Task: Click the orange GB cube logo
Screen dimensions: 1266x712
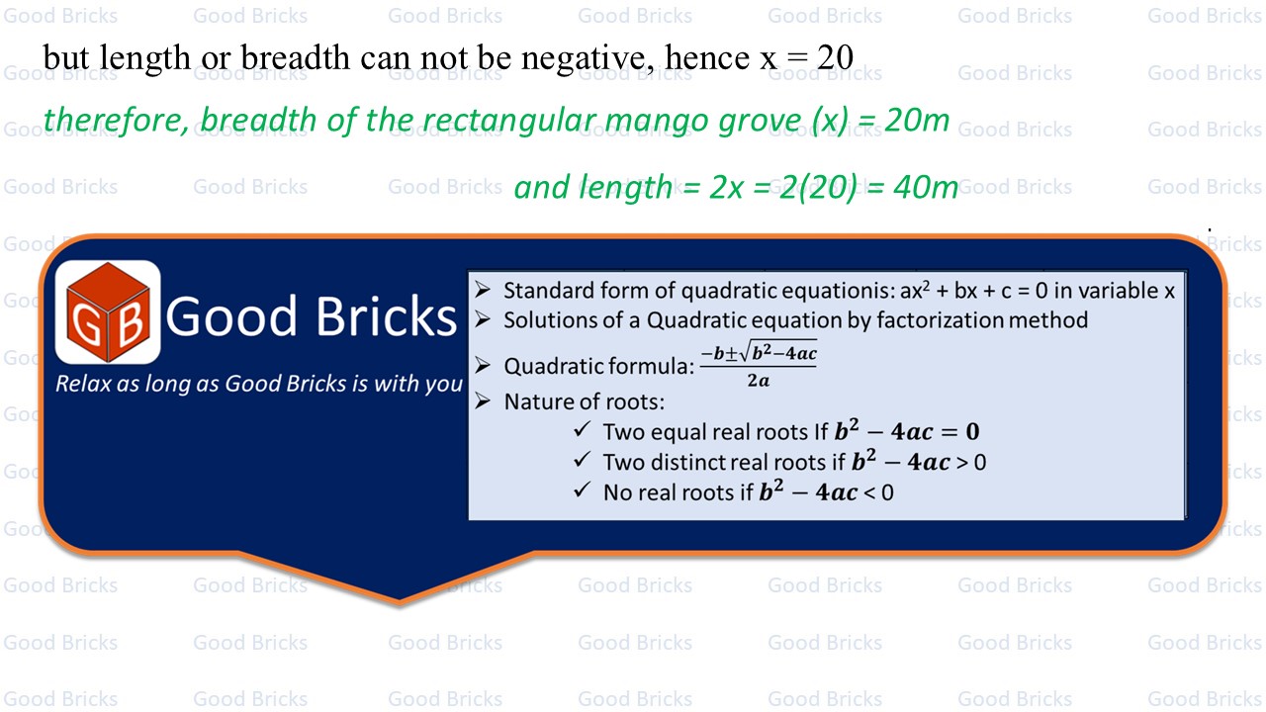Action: click(x=108, y=311)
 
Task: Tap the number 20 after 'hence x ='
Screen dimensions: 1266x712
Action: click(x=835, y=57)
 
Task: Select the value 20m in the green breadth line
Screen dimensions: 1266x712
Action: click(x=917, y=120)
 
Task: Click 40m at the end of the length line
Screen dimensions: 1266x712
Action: click(x=926, y=187)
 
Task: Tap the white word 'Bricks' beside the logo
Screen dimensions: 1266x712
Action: click(x=386, y=315)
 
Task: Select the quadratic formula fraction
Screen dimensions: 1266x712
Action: click(x=759, y=365)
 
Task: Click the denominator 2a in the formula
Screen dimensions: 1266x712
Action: click(x=759, y=381)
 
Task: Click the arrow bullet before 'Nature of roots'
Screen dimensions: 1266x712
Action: click(x=482, y=400)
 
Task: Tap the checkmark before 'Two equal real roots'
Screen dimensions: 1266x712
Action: click(x=583, y=429)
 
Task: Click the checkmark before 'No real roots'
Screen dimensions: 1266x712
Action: click(x=583, y=489)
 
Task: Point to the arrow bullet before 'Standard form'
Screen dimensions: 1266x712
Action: click(x=482, y=290)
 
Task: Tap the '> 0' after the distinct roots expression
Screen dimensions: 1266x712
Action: click(x=971, y=463)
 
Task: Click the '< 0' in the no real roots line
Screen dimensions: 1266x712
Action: click(x=879, y=492)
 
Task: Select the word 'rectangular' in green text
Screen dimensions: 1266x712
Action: click(x=508, y=121)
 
